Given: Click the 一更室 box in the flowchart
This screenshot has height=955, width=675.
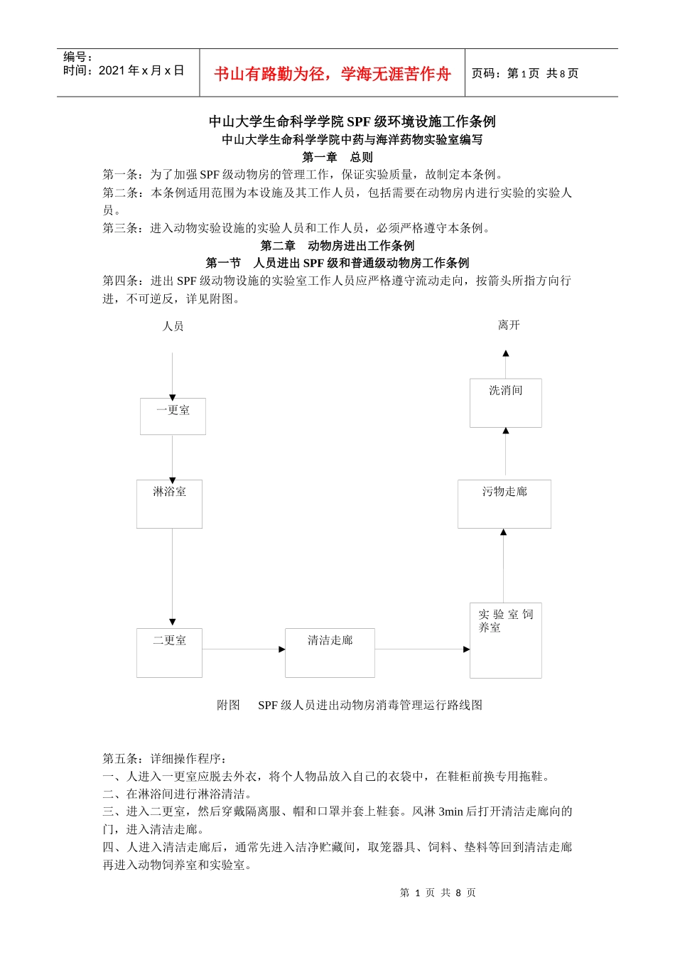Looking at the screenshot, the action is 173,416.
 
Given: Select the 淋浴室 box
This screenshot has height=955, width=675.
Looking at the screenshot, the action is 169,504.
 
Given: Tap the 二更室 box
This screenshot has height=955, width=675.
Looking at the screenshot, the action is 169,653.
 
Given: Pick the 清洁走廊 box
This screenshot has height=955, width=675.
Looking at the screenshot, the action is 330,653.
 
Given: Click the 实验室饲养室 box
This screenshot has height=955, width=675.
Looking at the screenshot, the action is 505,640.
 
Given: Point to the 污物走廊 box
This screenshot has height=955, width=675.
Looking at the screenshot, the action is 504,504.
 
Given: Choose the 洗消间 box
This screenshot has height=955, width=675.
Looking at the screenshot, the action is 505,403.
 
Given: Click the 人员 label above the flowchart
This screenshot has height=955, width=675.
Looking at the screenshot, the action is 173,326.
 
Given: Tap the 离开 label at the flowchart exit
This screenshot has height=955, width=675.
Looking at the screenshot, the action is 509,325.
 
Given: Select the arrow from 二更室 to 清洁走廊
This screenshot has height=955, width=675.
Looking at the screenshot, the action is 244,649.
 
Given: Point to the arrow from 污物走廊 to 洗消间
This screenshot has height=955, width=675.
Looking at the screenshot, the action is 505,452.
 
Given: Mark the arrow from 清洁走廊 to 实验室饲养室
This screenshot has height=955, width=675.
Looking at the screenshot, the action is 422,649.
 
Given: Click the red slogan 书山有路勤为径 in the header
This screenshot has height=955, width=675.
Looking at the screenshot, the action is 333,74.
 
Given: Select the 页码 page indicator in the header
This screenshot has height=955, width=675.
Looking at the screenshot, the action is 525,73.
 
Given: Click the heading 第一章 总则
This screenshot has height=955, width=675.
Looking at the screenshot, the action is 337,157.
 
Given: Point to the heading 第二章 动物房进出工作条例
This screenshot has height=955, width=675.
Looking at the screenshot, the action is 337,246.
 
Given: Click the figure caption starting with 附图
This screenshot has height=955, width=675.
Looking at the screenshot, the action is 350,705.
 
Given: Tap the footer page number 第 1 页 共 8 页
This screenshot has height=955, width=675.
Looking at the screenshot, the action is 438,892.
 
